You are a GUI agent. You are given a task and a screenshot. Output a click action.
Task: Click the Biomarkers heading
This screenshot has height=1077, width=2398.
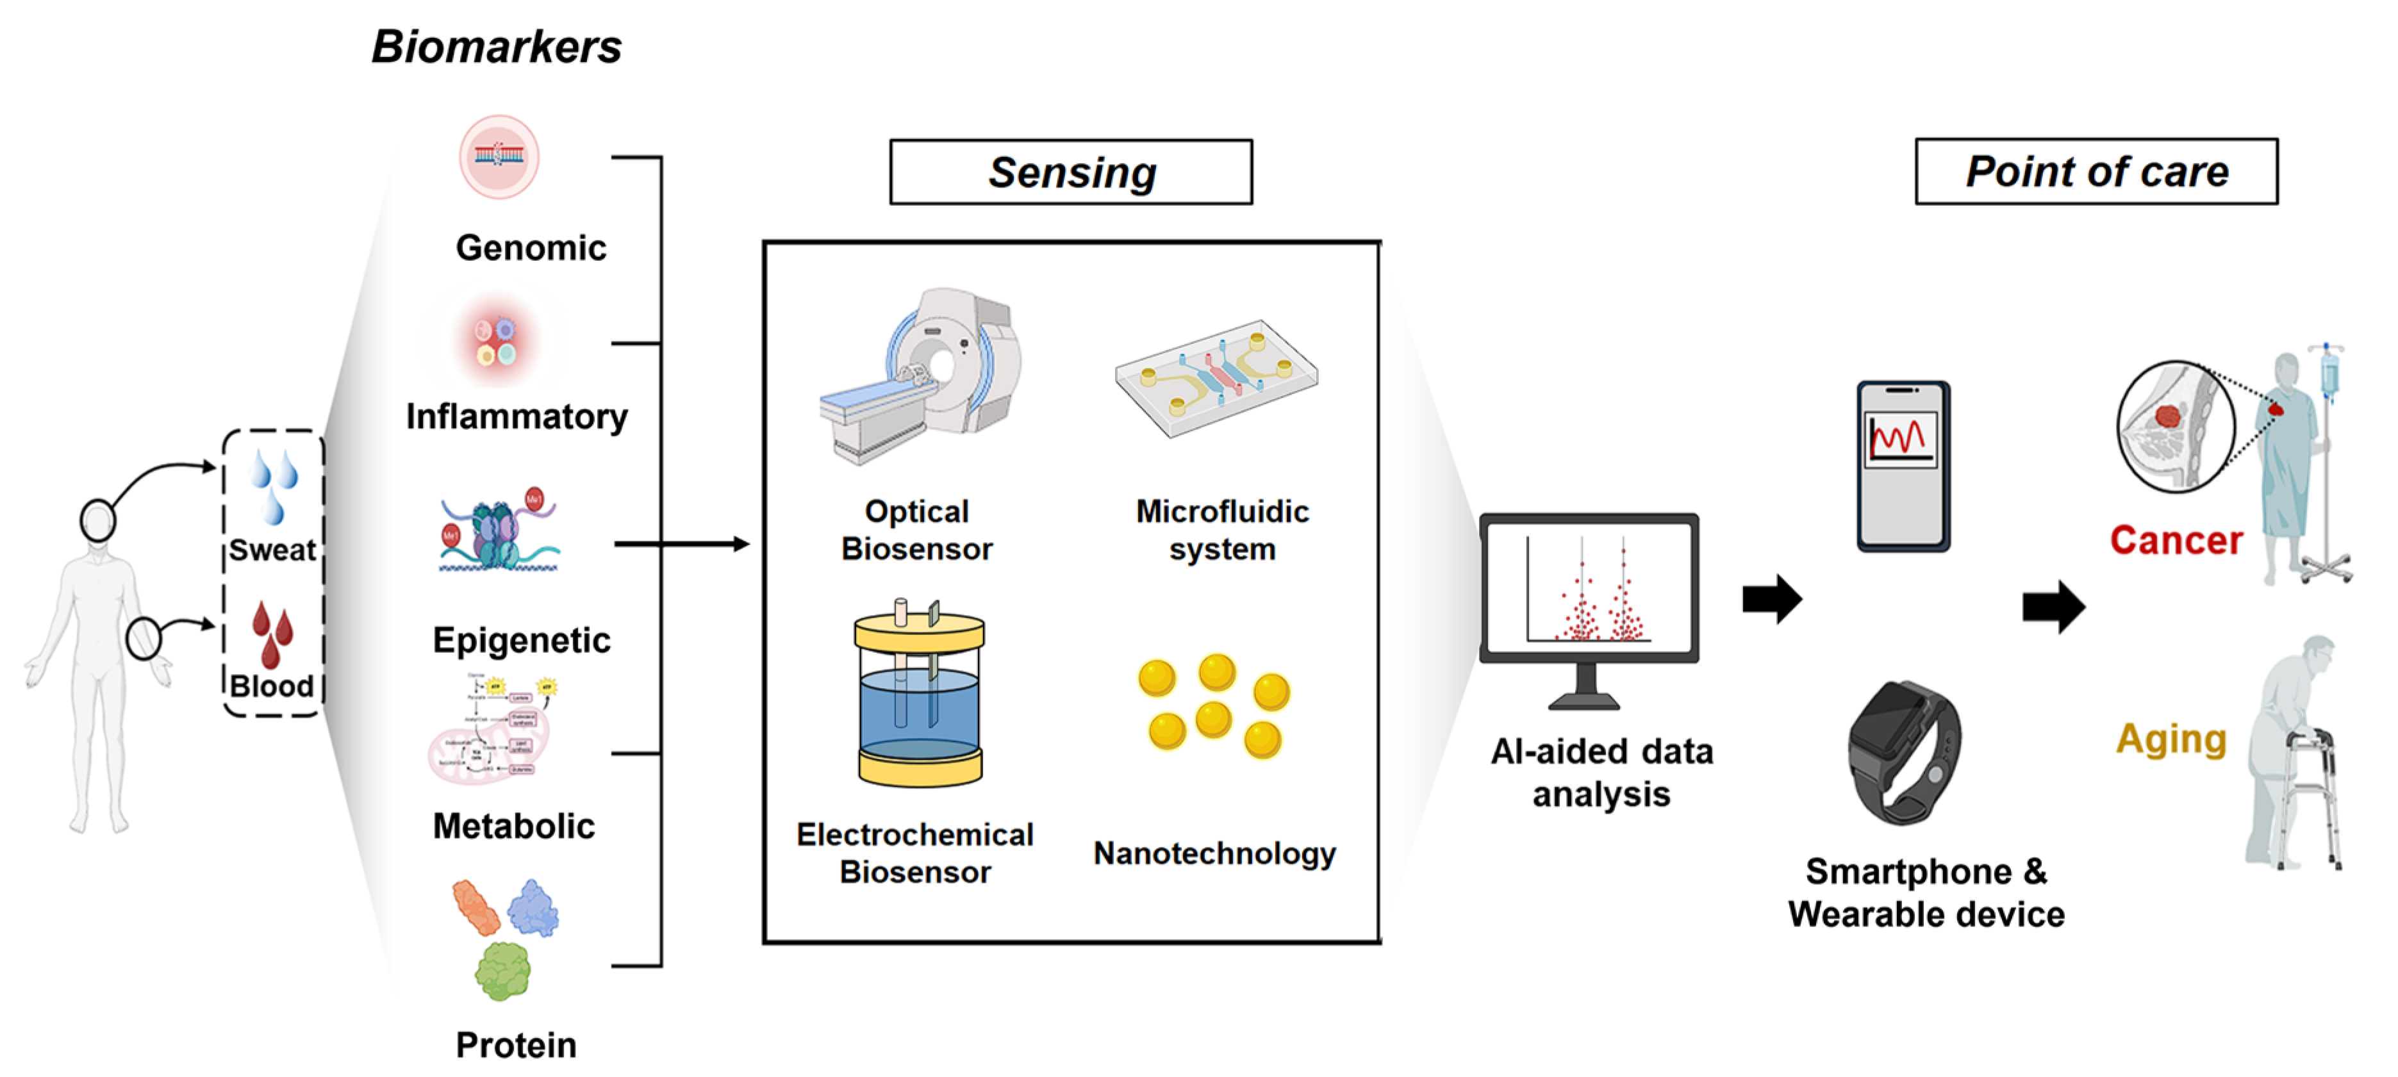tap(496, 47)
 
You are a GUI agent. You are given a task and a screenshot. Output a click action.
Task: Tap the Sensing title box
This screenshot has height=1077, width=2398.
tap(1071, 172)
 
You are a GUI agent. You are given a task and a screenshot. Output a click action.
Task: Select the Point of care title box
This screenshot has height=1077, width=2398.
tap(2096, 171)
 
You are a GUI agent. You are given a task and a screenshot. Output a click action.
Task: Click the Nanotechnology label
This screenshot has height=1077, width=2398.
tap(1214, 853)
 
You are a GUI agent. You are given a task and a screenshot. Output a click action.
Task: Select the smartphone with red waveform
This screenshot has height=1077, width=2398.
tap(1902, 465)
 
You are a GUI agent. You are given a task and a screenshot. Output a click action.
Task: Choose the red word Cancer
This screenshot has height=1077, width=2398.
tap(2176, 540)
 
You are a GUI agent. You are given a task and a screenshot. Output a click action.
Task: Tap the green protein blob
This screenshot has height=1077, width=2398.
tap(502, 970)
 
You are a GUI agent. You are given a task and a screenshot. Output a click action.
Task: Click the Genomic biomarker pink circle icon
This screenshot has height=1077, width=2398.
tap(499, 156)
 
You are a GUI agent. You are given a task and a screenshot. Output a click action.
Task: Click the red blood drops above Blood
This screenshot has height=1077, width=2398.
tap(272, 632)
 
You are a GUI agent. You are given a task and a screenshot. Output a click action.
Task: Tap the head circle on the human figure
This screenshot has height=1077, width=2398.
tap(98, 522)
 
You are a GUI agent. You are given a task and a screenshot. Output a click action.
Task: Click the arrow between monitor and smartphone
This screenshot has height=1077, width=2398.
tap(1771, 598)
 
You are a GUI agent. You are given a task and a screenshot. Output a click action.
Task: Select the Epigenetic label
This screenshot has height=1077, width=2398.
tap(521, 641)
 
